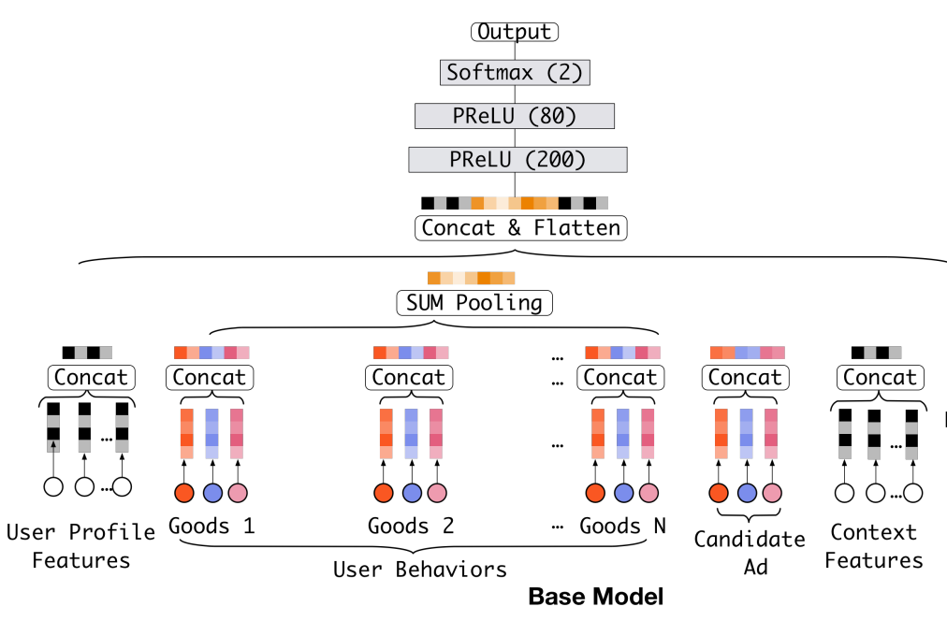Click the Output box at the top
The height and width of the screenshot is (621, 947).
(515, 32)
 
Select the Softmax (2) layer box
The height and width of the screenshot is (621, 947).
(515, 72)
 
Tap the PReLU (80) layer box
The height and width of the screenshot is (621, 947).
(515, 116)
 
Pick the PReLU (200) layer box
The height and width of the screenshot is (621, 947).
(517, 160)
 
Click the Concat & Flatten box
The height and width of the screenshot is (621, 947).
(520, 228)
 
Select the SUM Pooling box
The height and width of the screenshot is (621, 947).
(474, 303)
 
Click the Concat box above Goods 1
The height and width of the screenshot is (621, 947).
(210, 377)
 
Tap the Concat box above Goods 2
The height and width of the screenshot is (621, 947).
(409, 377)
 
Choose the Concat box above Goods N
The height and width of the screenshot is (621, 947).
(620, 377)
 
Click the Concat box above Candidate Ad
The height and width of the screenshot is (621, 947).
(745, 377)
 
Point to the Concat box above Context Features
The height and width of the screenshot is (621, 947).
(880, 377)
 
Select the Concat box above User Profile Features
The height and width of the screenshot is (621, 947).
(91, 377)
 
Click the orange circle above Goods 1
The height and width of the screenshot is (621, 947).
(184, 493)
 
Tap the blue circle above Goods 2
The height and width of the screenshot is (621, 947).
(412, 493)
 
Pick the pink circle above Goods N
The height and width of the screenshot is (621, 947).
(648, 493)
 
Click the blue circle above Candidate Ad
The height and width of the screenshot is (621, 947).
(747, 493)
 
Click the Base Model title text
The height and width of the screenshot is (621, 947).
(595, 597)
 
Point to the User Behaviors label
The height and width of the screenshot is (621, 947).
(420, 570)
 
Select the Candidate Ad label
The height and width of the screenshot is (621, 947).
(750, 553)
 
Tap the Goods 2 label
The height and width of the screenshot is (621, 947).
(411, 526)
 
